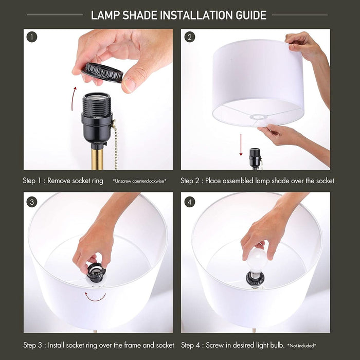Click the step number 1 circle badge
pyautogui.click(x=32, y=37)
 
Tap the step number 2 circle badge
pyautogui.click(x=190, y=37)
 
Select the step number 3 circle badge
pyautogui.click(x=32, y=202)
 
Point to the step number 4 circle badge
pyautogui.click(x=190, y=202)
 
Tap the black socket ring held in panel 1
pyautogui.click(x=102, y=73)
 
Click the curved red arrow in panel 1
pyautogui.click(x=74, y=98)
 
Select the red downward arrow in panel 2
pyautogui.click(x=241, y=145)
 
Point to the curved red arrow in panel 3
pyautogui.click(x=95, y=298)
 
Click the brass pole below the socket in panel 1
pyautogui.click(x=97, y=159)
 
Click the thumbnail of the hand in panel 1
pyautogui.click(x=129, y=85)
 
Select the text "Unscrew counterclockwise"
pyautogui.click(x=139, y=181)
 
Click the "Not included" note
pyautogui.click(x=301, y=345)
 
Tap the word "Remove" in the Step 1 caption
pyautogui.click(x=59, y=181)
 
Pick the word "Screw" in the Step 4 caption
pyautogui.click(x=214, y=345)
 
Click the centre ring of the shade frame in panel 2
pyautogui.click(x=259, y=117)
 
